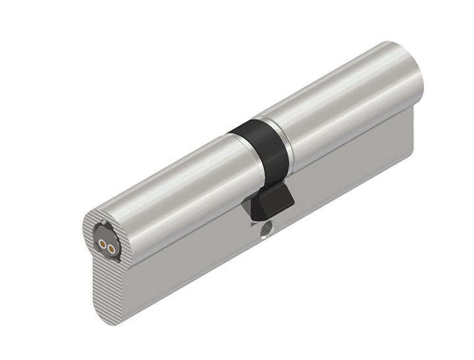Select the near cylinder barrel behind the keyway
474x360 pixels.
(171, 191)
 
